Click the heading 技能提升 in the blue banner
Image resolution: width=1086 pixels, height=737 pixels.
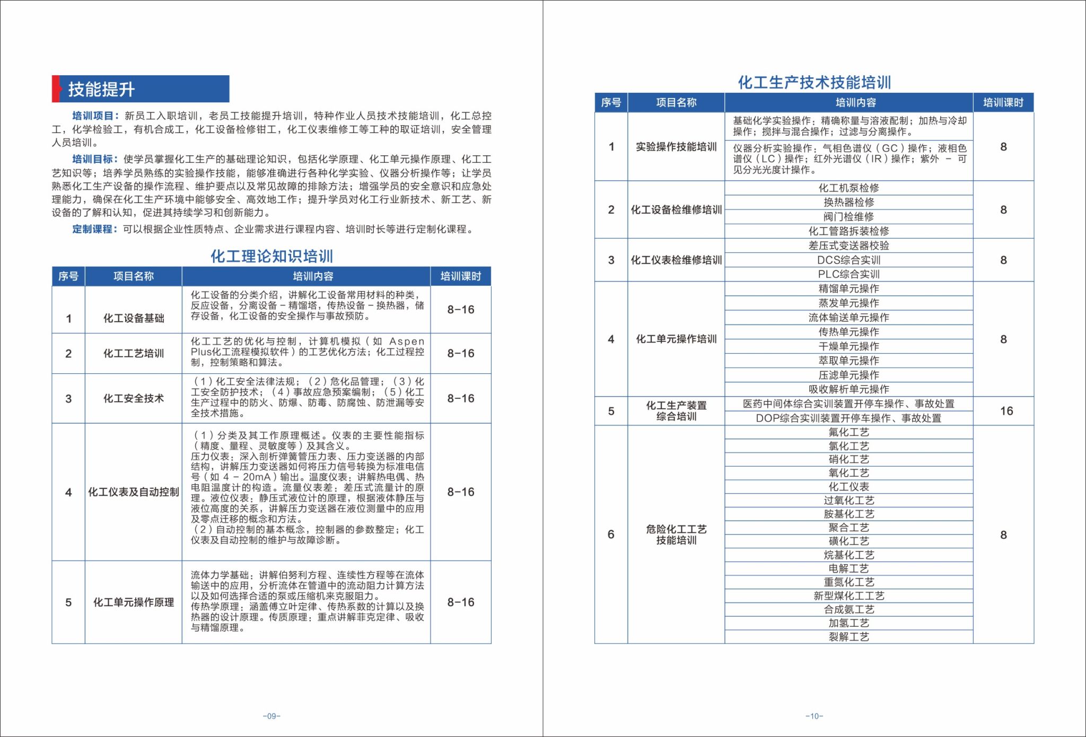coord(101,89)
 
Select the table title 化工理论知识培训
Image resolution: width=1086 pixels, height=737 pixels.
coord(271,257)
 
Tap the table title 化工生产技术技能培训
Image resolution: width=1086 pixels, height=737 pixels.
coord(814,83)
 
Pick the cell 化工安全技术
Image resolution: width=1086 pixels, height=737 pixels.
coord(133,398)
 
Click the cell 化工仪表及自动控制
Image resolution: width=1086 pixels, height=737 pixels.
coord(133,492)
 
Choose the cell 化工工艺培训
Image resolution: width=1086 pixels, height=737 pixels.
coord(133,354)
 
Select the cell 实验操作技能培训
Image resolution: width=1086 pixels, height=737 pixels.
coord(676,147)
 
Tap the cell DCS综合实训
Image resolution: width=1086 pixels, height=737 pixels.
coord(848,260)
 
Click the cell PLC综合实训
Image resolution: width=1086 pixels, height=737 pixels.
coord(848,274)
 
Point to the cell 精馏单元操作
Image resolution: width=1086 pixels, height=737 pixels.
coord(848,288)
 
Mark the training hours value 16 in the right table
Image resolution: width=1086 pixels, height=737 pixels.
coord(1006,411)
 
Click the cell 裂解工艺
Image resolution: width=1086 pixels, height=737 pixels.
coord(848,637)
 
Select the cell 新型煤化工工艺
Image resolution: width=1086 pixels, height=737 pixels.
coord(848,596)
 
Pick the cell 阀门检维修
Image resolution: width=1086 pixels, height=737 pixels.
coord(848,216)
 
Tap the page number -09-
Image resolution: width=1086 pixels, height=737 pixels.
coord(271,716)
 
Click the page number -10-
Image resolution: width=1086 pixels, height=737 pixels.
coord(814,716)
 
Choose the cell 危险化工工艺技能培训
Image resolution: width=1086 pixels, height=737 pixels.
coord(676,534)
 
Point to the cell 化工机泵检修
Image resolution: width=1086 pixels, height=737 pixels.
coord(848,188)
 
